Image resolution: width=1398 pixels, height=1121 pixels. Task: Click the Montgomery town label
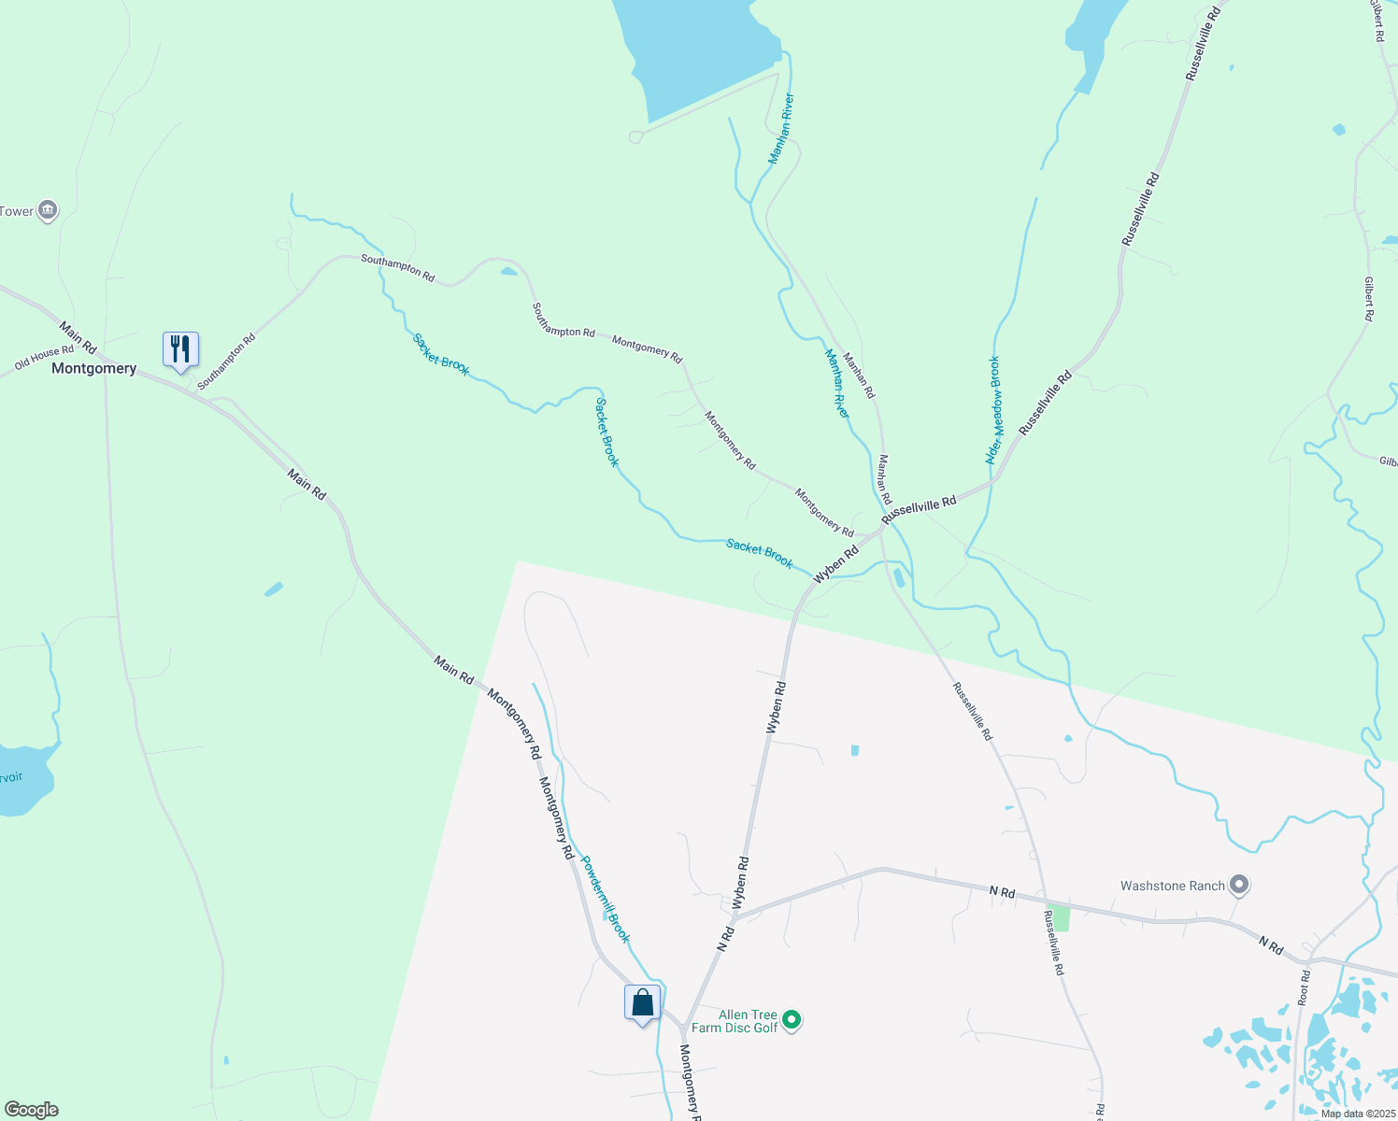93,369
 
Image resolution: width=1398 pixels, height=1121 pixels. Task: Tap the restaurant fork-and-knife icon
180,349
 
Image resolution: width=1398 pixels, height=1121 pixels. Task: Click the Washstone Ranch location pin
1239,884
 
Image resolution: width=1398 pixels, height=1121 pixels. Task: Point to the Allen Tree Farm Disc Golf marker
792,1020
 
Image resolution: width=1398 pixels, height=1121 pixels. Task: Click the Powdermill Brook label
606,900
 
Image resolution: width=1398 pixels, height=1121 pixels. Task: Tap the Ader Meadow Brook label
993,410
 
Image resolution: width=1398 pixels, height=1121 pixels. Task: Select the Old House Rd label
44,357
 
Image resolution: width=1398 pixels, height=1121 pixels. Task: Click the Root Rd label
1305,987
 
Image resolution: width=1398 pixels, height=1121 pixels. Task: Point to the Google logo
31,1110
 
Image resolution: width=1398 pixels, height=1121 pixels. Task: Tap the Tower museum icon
47,211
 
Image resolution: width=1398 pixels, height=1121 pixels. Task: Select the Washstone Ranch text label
1172,886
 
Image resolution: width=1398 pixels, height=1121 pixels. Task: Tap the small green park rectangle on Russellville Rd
1061,919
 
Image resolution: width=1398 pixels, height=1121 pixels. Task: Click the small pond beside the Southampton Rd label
508,272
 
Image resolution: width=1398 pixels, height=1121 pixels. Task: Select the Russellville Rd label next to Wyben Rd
919,509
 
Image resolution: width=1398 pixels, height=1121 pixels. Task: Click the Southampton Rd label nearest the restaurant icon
226,362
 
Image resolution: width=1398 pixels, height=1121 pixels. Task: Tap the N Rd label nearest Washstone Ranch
1270,945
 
